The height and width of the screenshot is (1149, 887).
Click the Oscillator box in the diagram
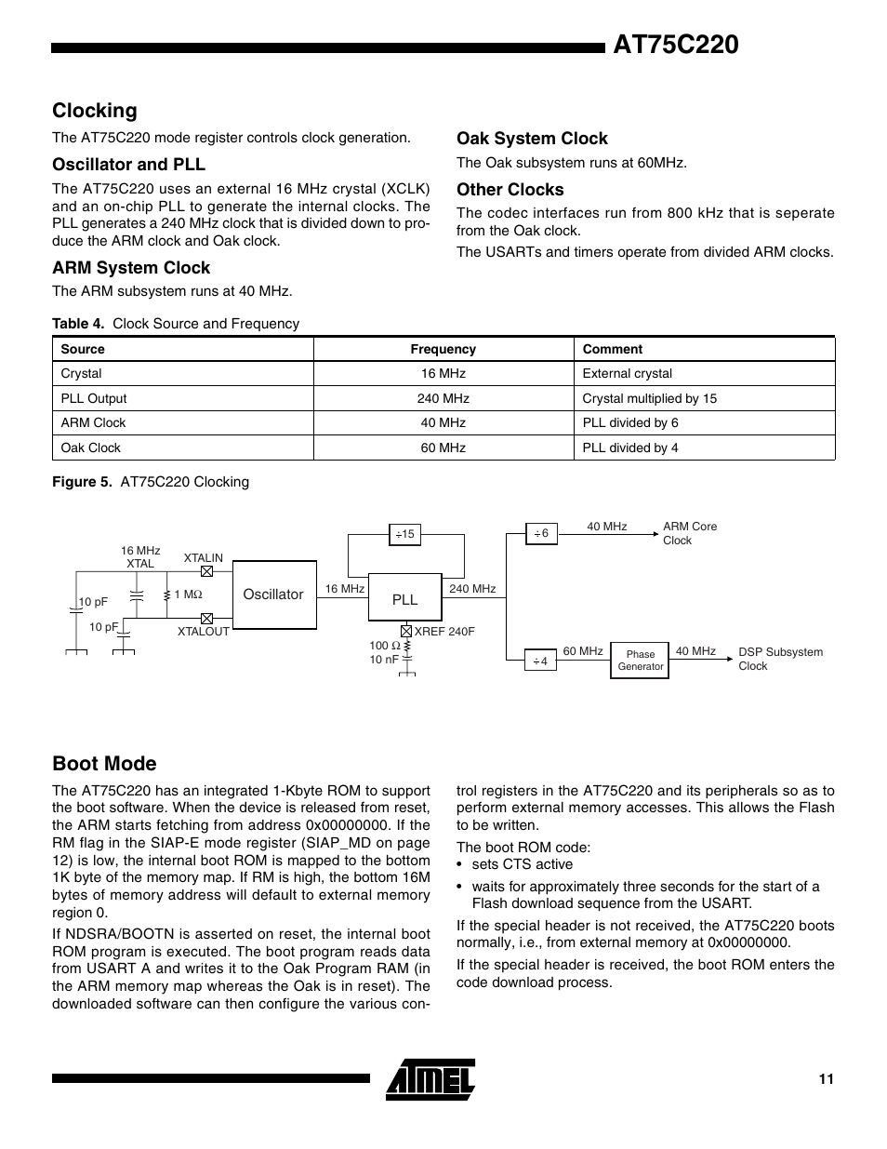[272, 594]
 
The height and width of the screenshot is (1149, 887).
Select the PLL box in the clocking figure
[404, 598]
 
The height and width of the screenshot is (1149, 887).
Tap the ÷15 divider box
[404, 534]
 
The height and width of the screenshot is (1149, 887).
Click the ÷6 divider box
[540, 534]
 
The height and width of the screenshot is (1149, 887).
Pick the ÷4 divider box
[540, 661]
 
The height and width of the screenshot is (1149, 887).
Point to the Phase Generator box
[640, 661]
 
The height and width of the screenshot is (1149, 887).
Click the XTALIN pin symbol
[207, 571]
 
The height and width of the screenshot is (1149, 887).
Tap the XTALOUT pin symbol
[207, 618]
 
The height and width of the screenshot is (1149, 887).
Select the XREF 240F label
[443, 631]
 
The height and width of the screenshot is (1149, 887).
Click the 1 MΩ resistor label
[188, 594]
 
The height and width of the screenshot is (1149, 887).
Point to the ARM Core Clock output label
[689, 533]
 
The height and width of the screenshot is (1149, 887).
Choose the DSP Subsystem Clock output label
[780, 659]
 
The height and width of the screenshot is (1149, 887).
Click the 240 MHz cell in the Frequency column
[443, 398]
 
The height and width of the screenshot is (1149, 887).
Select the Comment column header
[612, 349]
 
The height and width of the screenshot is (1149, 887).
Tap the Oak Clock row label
[91, 448]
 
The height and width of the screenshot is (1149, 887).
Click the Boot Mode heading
[104, 763]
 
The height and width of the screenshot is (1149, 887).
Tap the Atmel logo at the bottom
[431, 1079]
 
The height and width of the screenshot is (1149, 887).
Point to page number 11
[826, 1079]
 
